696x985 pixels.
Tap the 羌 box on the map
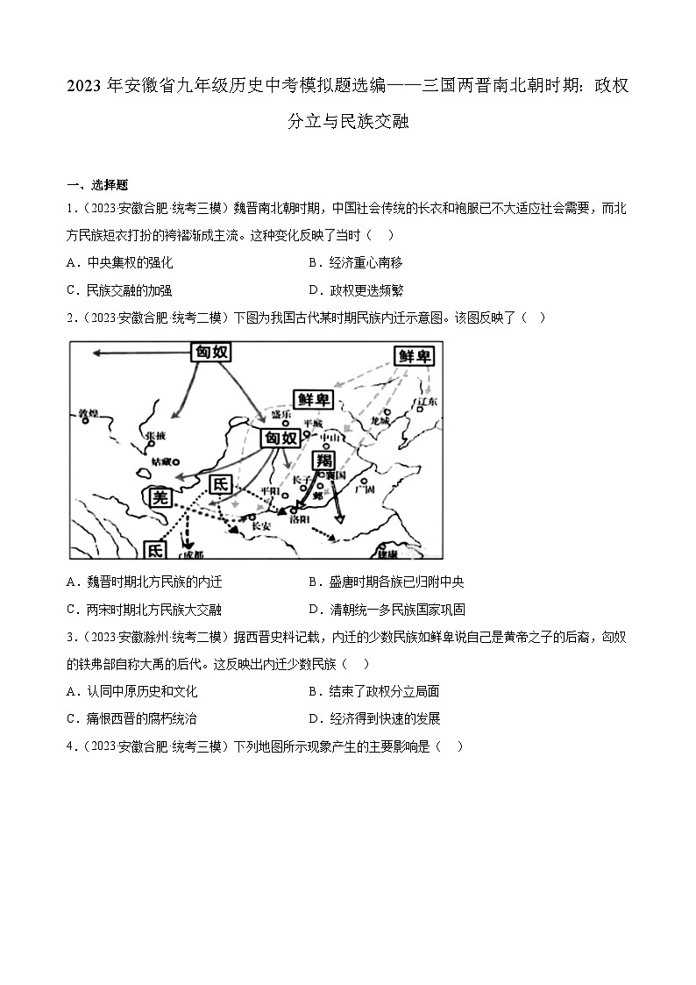pos(160,496)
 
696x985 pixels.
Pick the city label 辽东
pos(428,402)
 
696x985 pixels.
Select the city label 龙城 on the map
pos(380,422)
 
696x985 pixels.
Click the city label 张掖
pos(154,434)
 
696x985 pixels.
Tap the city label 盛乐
pos(281,414)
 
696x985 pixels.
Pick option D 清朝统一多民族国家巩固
pos(386,610)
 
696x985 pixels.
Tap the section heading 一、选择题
pos(97,184)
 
